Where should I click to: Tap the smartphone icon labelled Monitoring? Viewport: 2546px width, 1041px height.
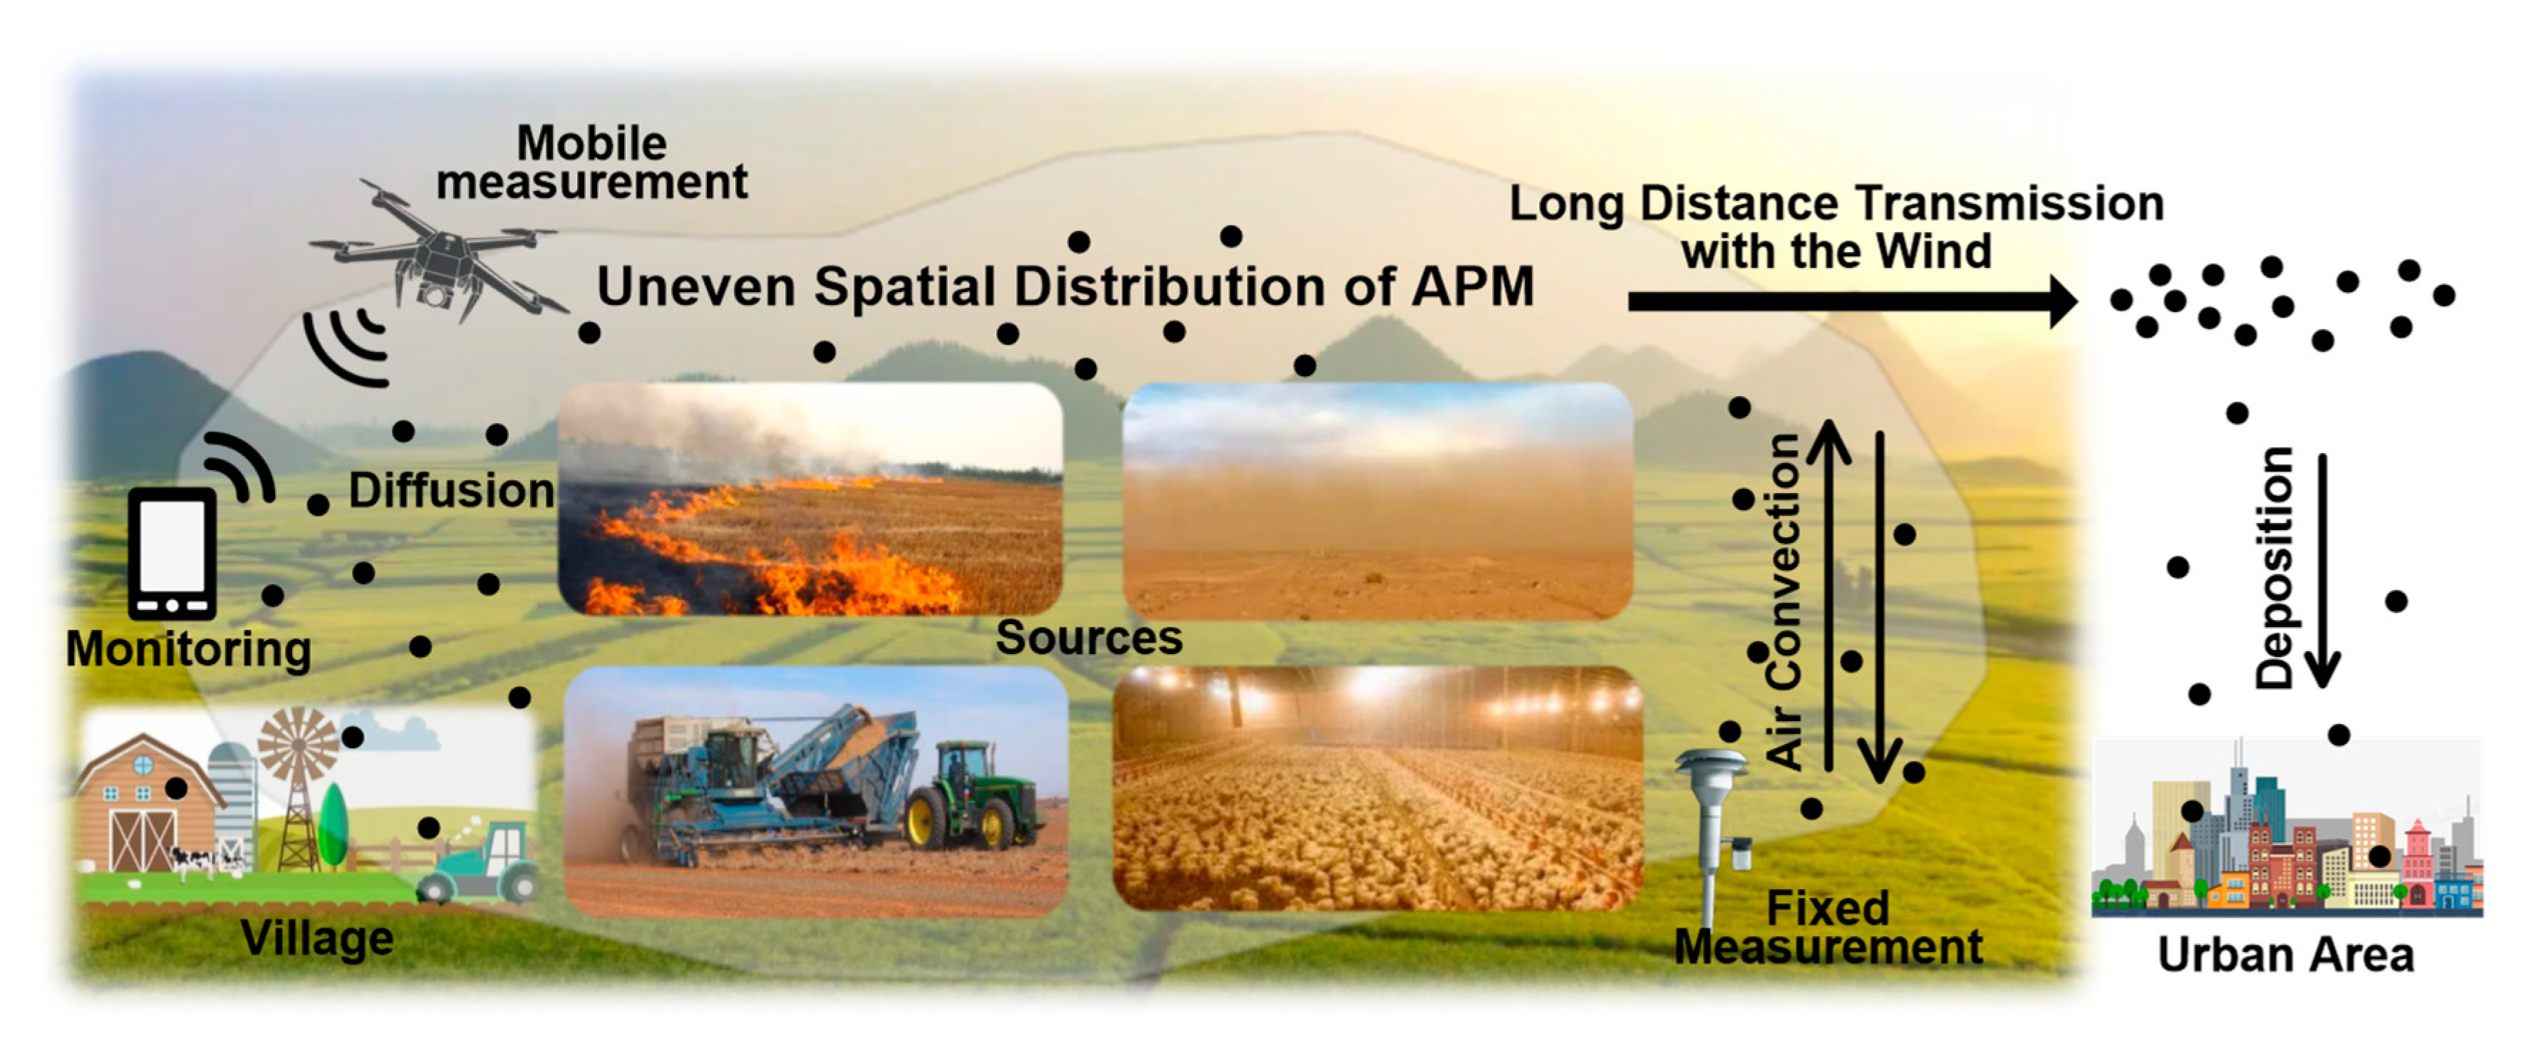(x=173, y=554)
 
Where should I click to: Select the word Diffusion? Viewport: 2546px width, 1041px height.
(x=452, y=490)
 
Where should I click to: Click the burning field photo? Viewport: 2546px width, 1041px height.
(x=810, y=499)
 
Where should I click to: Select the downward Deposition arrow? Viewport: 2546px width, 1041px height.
(x=2323, y=574)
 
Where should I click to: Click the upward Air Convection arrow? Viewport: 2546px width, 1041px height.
(x=1828, y=593)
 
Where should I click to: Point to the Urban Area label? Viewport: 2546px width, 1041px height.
(x=2285, y=955)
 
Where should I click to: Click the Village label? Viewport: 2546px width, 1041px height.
(x=316, y=937)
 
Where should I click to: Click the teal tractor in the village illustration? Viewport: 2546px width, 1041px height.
(x=485, y=865)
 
